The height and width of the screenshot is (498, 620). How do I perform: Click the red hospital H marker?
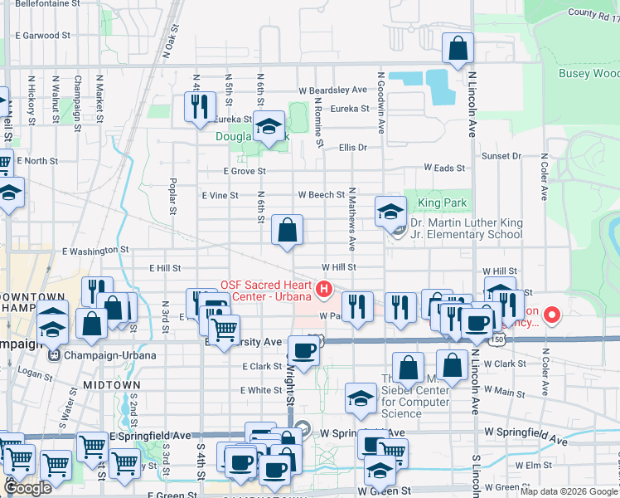point(324,290)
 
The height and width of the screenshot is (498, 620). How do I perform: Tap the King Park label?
point(442,203)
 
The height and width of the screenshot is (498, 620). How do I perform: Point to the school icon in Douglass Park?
point(268,129)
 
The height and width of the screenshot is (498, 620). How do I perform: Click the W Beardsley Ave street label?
point(332,90)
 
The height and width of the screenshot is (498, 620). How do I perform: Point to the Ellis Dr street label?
point(352,147)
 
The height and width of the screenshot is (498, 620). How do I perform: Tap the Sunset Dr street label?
point(501,155)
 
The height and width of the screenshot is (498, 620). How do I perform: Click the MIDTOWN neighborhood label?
point(104,386)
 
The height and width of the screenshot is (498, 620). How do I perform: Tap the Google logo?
point(27,488)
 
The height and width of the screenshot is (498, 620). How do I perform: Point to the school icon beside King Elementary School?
point(390,212)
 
